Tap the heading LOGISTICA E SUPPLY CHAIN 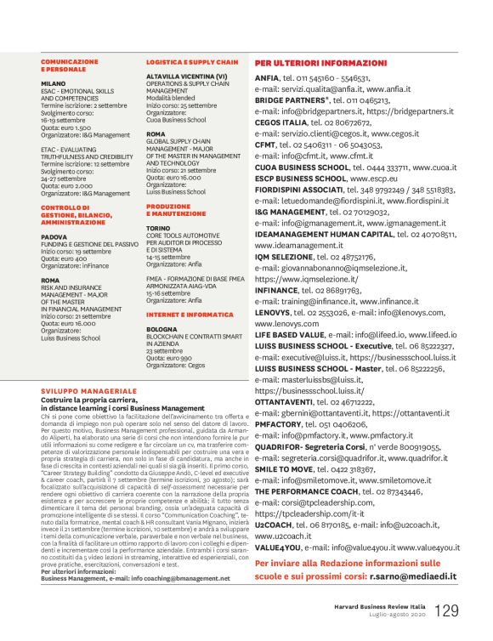pyautogui.click(x=192, y=62)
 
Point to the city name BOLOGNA pyautogui.click(x=161, y=327)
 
